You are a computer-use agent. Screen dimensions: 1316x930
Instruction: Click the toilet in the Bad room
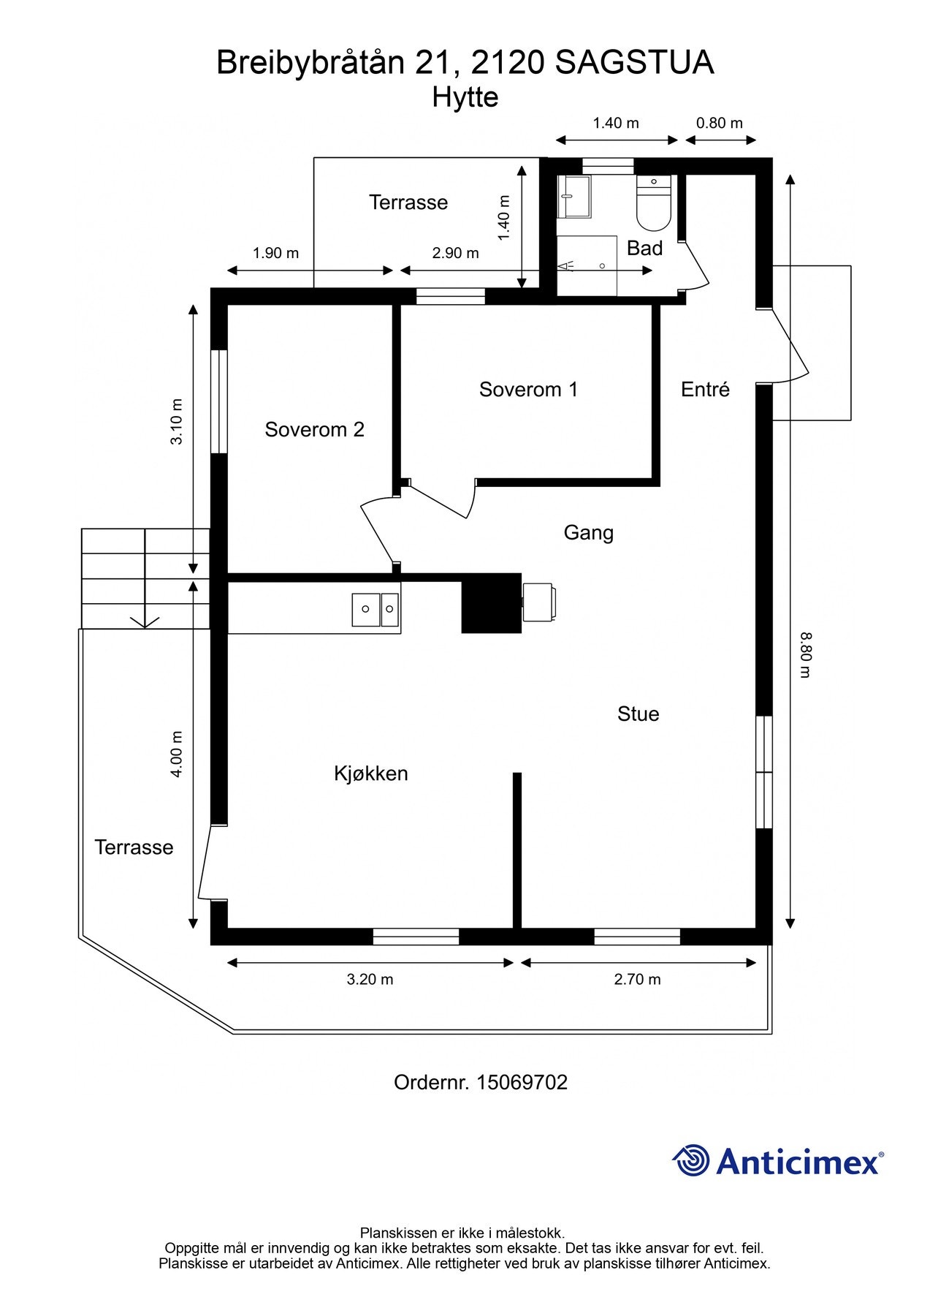(654, 203)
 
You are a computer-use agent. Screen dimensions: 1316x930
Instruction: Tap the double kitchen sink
(376, 610)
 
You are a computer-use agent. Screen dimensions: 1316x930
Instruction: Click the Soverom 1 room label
(528, 390)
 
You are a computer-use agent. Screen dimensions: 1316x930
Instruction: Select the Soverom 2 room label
(314, 429)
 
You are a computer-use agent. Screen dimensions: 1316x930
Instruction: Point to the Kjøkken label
(370, 774)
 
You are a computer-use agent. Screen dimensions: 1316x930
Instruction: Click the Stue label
(638, 714)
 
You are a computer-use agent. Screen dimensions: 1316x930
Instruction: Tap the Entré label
(705, 390)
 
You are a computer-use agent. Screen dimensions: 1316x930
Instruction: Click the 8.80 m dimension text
(805, 655)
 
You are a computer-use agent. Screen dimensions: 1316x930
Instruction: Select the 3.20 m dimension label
(370, 980)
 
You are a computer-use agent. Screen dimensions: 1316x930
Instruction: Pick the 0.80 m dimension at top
(719, 123)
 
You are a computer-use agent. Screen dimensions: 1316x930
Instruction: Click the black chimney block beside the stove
(492, 603)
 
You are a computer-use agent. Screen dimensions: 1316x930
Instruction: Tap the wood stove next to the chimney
(538, 602)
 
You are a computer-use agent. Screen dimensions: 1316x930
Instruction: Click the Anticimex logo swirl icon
(691, 1160)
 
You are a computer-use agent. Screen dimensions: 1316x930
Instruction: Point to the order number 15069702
(522, 1082)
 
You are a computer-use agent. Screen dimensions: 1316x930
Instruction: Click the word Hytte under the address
(465, 97)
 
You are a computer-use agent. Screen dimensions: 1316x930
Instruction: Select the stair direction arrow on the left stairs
(145, 620)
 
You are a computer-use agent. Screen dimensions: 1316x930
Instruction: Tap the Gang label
(588, 532)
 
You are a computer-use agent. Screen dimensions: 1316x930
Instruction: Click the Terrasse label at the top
(408, 203)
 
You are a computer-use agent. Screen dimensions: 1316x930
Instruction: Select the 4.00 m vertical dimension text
(176, 753)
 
